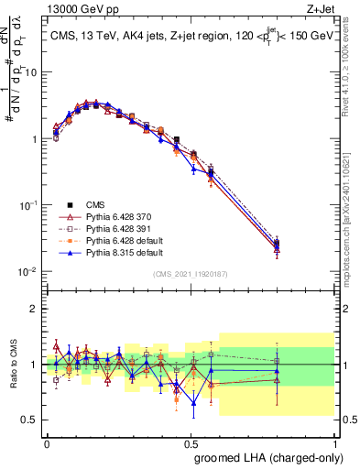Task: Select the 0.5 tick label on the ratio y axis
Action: (32, 420)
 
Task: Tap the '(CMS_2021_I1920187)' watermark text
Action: (191, 274)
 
